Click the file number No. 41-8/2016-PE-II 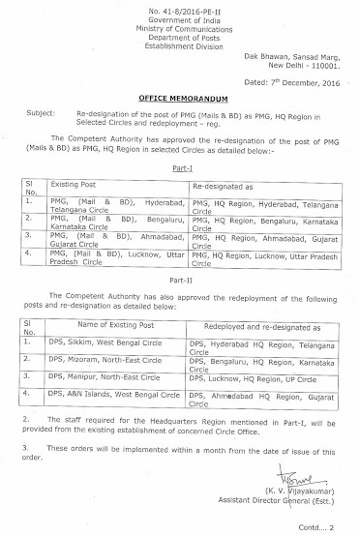pyautogui.click(x=179, y=8)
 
